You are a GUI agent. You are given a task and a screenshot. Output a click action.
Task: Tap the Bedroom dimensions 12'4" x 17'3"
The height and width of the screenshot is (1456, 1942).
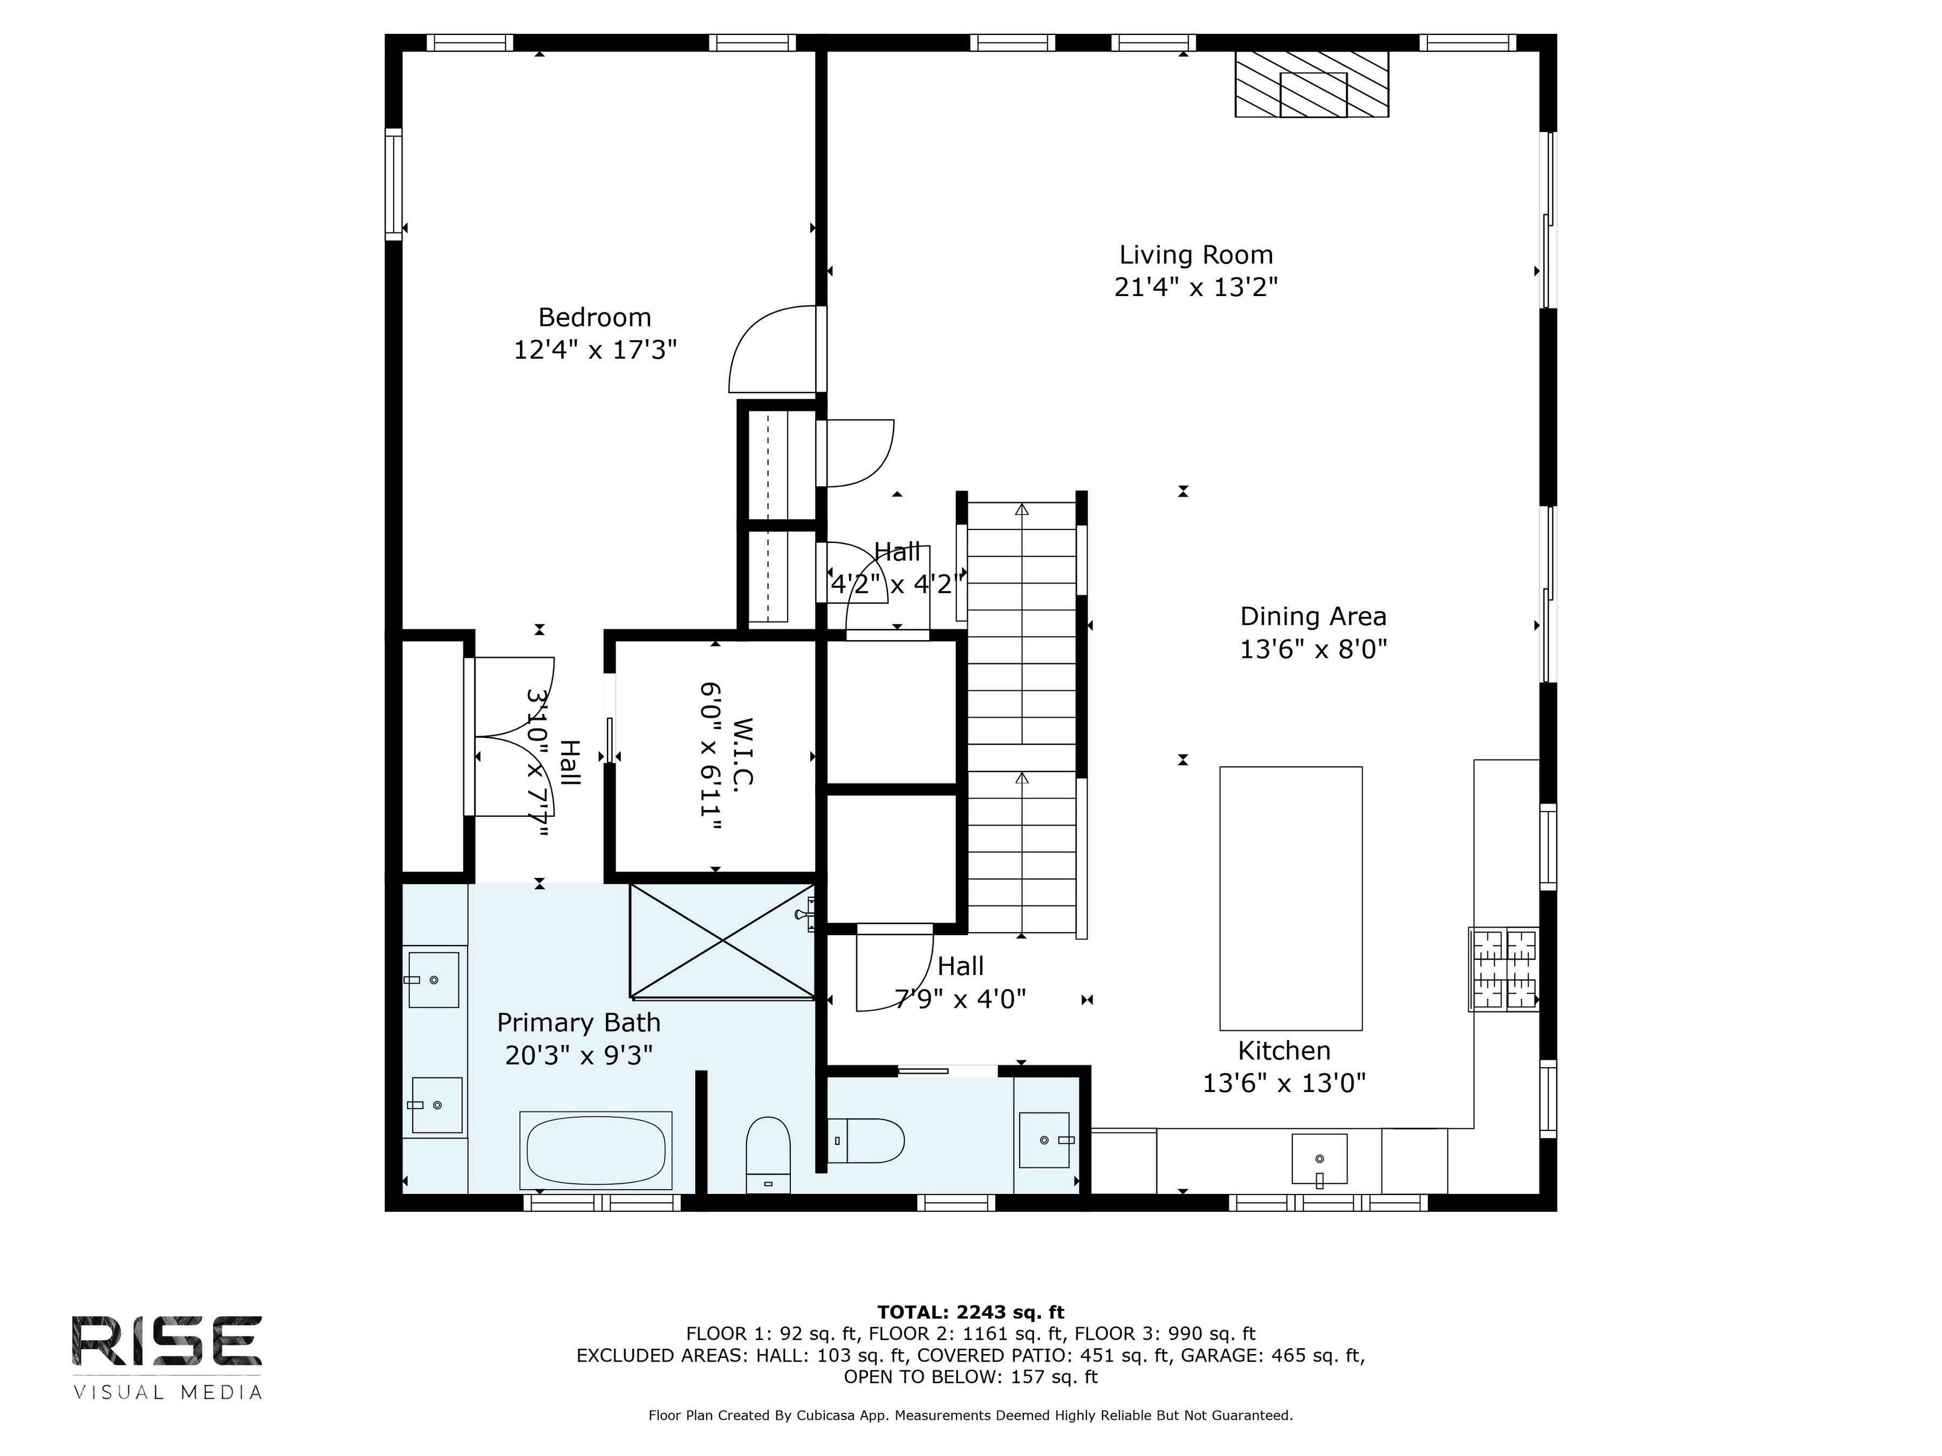click(595, 350)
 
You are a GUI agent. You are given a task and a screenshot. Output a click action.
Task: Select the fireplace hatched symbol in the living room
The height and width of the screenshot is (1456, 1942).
click(1311, 84)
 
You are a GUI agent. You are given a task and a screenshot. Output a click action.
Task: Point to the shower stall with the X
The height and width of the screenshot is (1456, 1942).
click(722, 941)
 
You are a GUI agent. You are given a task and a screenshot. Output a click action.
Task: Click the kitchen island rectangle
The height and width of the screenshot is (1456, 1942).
click(1290, 898)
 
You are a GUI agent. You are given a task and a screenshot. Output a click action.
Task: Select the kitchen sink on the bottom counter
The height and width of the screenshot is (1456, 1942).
click(1318, 1158)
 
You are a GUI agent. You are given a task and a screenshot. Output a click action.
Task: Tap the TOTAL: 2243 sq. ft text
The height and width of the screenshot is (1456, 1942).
click(971, 1312)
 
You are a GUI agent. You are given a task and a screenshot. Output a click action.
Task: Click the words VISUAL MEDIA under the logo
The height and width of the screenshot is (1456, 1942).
click(167, 1392)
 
